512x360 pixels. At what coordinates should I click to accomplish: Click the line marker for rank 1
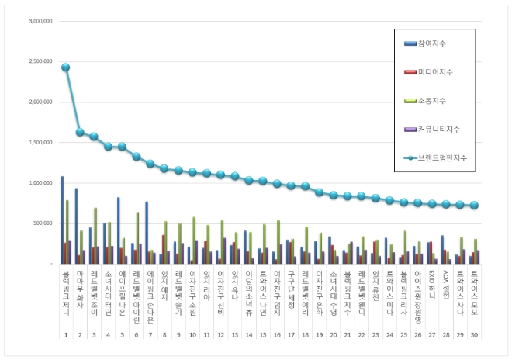click(x=66, y=67)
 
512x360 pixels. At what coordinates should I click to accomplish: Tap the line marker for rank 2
click(x=80, y=132)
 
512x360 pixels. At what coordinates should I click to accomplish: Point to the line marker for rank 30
click(x=474, y=206)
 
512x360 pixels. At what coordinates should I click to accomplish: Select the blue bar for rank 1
click(x=62, y=220)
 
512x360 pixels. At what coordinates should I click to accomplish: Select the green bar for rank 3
click(x=95, y=236)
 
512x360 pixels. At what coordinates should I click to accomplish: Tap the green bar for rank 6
click(x=137, y=238)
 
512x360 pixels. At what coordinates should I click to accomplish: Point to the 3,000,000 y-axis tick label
click(x=39, y=21)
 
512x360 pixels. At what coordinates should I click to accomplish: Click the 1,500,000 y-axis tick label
click(x=39, y=143)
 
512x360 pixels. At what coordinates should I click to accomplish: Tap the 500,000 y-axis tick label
click(x=42, y=223)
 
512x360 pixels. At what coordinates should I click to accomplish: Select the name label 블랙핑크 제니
click(x=65, y=288)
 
